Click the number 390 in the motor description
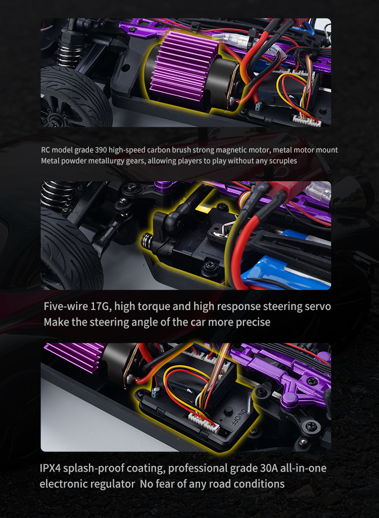(101, 150)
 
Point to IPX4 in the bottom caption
(50, 469)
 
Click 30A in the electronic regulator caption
(268, 469)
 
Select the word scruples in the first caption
(283, 161)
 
